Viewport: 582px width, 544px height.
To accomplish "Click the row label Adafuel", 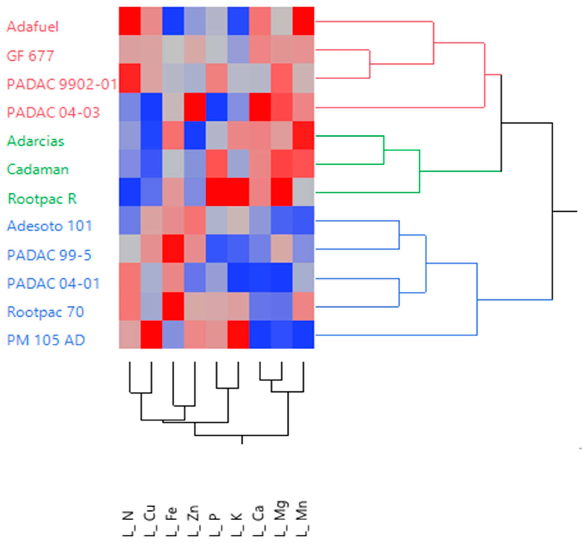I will (x=33, y=27).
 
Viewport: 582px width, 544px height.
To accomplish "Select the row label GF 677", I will (x=30, y=56).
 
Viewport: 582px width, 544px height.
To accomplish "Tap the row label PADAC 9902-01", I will (x=62, y=84).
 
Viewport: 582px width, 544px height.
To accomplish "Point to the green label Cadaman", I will (x=38, y=169).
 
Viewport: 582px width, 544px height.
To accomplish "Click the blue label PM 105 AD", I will (x=46, y=340).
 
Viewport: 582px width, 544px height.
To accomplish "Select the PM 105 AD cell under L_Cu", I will (x=151, y=335).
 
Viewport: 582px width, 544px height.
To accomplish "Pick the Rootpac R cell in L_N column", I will (x=130, y=192).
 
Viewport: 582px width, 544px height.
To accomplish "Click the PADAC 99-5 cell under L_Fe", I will (x=173, y=249).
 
